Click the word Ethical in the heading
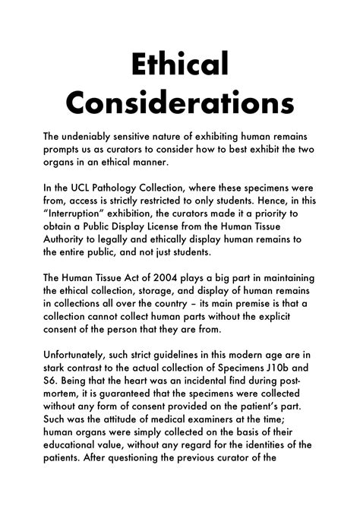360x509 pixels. [x=180, y=65]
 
